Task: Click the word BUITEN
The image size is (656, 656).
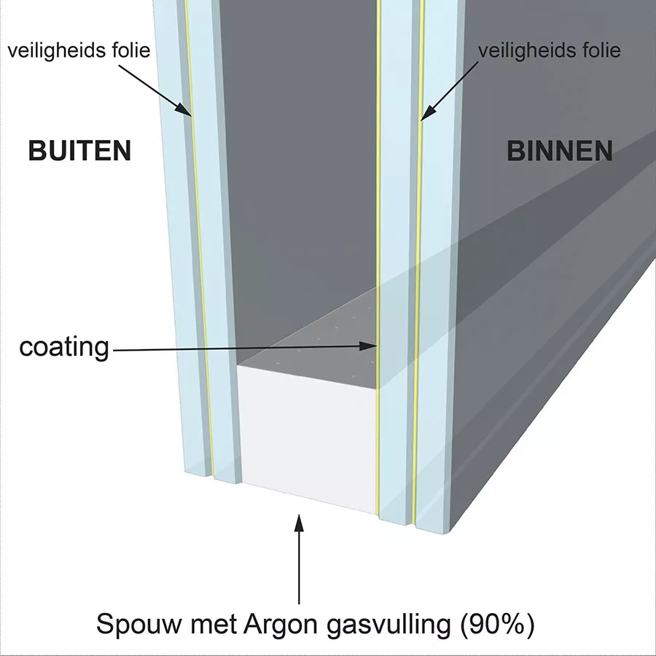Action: pyautogui.click(x=80, y=151)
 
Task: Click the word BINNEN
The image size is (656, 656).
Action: pyautogui.click(x=560, y=151)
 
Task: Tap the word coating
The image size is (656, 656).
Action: pyautogui.click(x=64, y=347)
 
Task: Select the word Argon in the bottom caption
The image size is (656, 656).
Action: pyautogui.click(x=281, y=625)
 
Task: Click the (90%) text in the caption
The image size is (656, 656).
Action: pyautogui.click(x=497, y=625)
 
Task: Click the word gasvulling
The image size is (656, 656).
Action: pyautogui.click(x=388, y=625)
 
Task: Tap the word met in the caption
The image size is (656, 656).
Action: pyautogui.click(x=214, y=625)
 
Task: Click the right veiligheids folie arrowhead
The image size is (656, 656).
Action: pyautogui.click(x=428, y=112)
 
